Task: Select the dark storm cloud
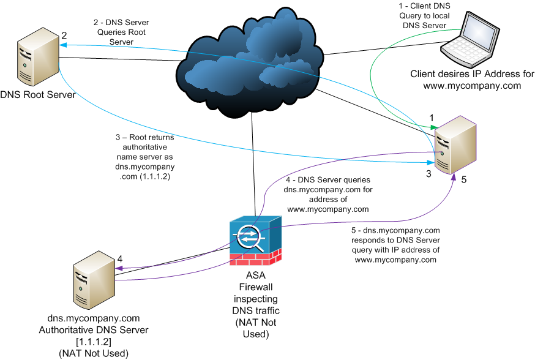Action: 251,67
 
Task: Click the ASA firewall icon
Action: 256,240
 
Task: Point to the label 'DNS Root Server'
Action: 38,95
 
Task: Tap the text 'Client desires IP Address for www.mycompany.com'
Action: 472,80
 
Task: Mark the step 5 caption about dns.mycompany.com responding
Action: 395,245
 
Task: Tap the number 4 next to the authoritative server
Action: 120,258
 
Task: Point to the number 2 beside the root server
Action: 64,36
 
